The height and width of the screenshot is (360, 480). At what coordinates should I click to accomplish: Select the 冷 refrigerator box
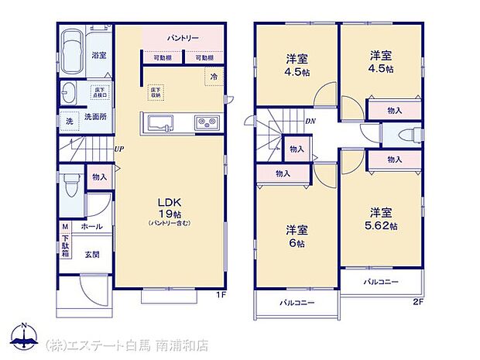(211, 75)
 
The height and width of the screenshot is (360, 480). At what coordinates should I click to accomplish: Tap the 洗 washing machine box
(69, 122)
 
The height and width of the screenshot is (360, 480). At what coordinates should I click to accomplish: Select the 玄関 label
(91, 254)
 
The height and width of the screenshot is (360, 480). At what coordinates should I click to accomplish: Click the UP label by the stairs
(119, 149)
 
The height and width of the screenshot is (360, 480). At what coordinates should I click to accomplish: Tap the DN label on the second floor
(310, 121)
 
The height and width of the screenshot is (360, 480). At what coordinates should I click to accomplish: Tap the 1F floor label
(221, 296)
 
